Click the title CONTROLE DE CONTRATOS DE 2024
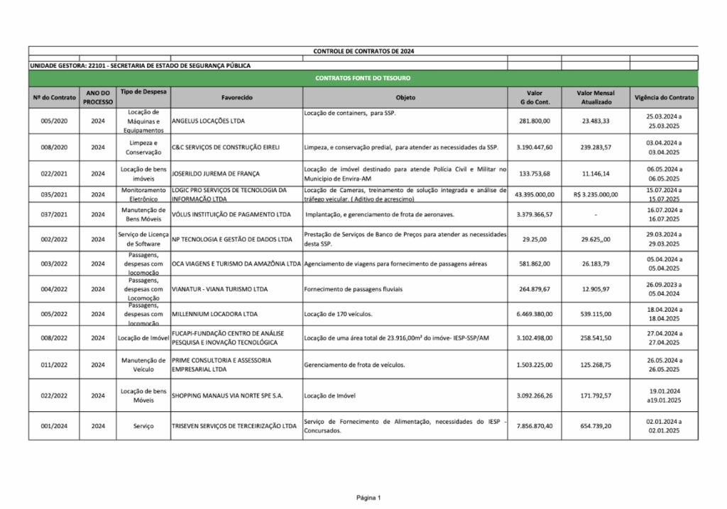[x=363, y=52]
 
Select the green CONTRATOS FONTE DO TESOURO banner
[x=363, y=77]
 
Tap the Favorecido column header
[x=237, y=97]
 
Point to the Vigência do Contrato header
[x=664, y=97]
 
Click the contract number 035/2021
[x=54, y=194]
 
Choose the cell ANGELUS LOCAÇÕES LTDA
[x=208, y=121]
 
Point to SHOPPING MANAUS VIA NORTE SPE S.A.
[x=227, y=396]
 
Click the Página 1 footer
[x=368, y=498]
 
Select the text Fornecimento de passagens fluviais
[x=354, y=289]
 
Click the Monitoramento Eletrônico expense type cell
[x=143, y=194]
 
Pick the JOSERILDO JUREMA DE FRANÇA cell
[x=216, y=174]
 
